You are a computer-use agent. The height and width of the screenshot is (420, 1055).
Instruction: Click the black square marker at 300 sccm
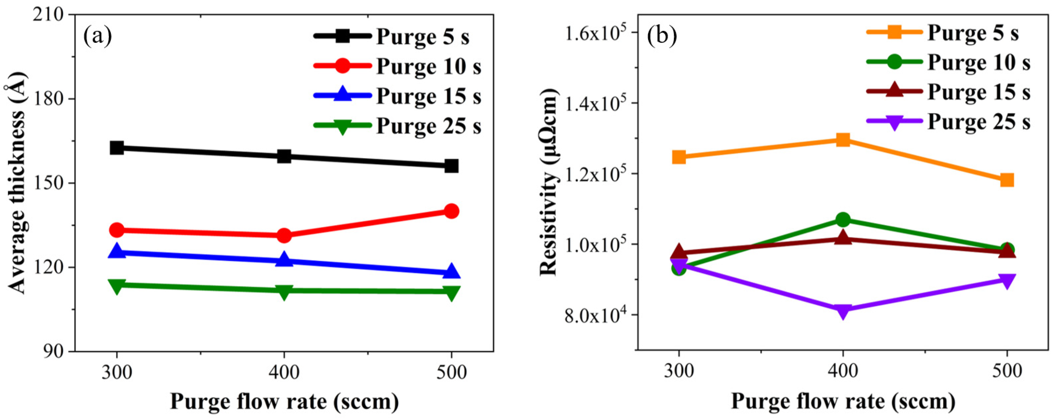pos(117,148)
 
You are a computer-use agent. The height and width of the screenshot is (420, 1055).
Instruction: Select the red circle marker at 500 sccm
pos(451,211)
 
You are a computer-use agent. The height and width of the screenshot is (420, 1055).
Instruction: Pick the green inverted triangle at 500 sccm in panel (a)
pos(451,292)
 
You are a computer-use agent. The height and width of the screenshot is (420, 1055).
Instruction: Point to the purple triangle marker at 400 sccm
pos(842,311)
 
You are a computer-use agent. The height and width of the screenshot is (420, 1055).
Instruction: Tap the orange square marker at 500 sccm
pos(1007,180)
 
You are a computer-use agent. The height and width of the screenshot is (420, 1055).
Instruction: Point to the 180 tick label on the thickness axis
pos(54,100)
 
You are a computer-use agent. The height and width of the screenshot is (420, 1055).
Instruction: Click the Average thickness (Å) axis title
pos(17,183)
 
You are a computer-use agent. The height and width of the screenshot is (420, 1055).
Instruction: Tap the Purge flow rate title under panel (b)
pos(842,402)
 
